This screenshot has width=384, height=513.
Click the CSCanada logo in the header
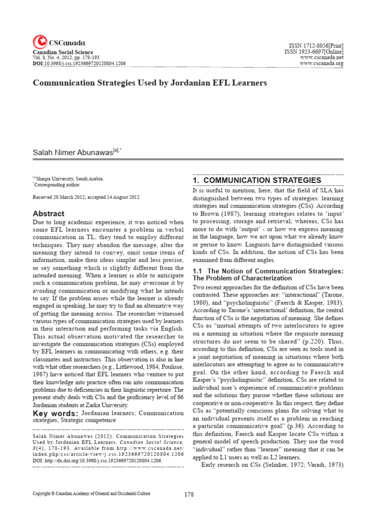click(58, 43)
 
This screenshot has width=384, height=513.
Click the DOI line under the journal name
click(79, 64)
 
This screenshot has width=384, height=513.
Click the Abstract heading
click(48, 213)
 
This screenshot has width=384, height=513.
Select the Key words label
click(55, 413)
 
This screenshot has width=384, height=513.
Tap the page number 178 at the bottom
click(188, 494)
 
